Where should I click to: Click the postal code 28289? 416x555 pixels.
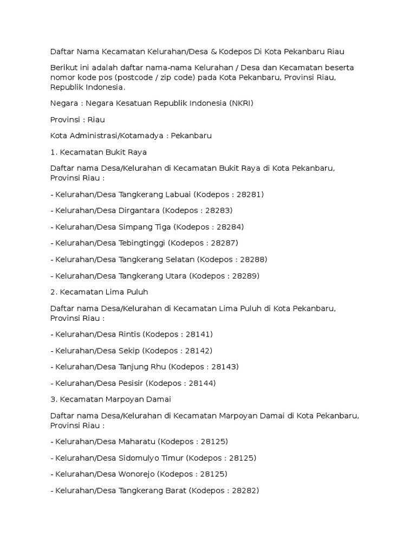[246, 276]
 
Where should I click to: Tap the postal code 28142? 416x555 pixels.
[199, 350]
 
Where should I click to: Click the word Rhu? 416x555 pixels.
[157, 366]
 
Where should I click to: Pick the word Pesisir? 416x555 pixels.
[133, 383]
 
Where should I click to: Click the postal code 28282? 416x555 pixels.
[245, 491]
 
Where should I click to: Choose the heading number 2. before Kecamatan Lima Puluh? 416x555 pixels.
[54, 292]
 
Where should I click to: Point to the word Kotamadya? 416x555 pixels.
[141, 136]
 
